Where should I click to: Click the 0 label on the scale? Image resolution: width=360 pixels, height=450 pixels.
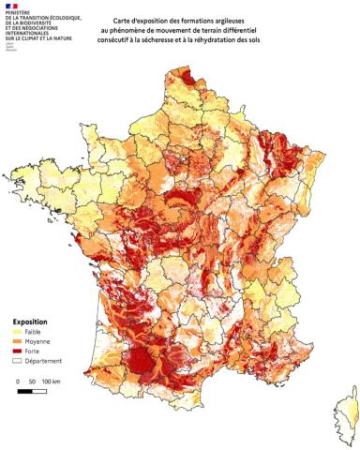coord(20,382)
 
